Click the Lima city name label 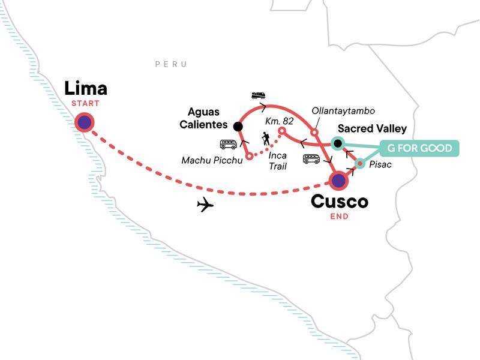(86, 89)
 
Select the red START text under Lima (85, 104)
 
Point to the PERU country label (171, 64)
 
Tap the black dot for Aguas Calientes (238, 127)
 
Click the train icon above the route (259, 95)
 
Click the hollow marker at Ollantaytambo (314, 132)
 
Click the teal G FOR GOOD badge (419, 148)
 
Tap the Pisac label (382, 164)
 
